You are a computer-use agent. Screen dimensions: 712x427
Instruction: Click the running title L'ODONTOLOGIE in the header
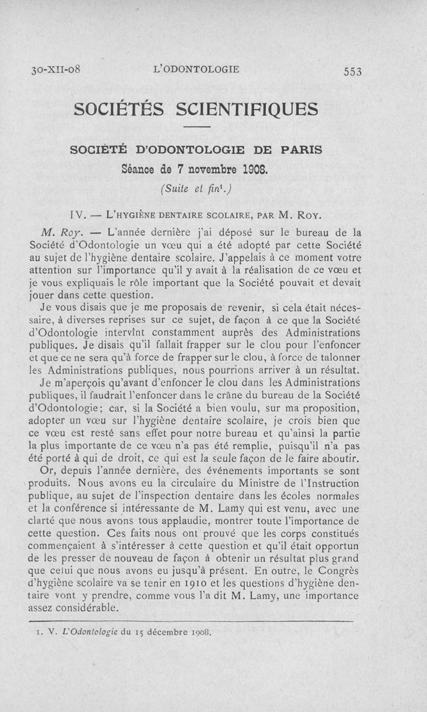tap(196, 69)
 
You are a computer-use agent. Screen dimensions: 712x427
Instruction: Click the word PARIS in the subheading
tap(297, 150)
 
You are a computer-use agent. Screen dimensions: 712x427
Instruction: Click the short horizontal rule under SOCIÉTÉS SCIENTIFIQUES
tap(197, 127)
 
